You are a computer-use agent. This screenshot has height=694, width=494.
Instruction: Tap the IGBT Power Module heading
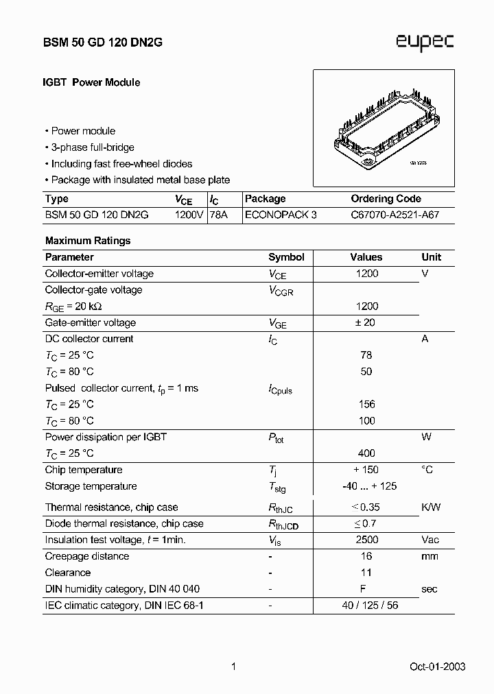point(92,82)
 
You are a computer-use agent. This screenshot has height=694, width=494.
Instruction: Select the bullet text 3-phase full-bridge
point(93,147)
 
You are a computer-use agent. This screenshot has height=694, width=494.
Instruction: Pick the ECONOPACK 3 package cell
point(281,215)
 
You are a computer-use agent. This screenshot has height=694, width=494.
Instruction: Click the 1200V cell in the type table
point(189,215)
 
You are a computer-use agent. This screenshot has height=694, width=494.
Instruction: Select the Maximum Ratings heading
point(87,241)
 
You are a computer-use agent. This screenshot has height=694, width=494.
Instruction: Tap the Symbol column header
point(286,257)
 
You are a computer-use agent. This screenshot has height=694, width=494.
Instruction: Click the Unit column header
point(432,257)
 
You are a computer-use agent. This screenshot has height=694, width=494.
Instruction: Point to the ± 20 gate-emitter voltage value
point(366,322)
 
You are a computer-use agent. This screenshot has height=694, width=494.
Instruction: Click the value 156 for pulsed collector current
point(366,405)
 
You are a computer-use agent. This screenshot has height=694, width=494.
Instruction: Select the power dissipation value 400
point(366,453)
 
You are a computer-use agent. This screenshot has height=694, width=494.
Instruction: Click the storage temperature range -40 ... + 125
point(368,486)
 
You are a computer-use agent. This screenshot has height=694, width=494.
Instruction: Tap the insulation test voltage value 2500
point(366,540)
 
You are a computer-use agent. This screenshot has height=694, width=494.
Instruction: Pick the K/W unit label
point(431,507)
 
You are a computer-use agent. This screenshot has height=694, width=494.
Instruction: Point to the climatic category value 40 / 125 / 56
point(370,606)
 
